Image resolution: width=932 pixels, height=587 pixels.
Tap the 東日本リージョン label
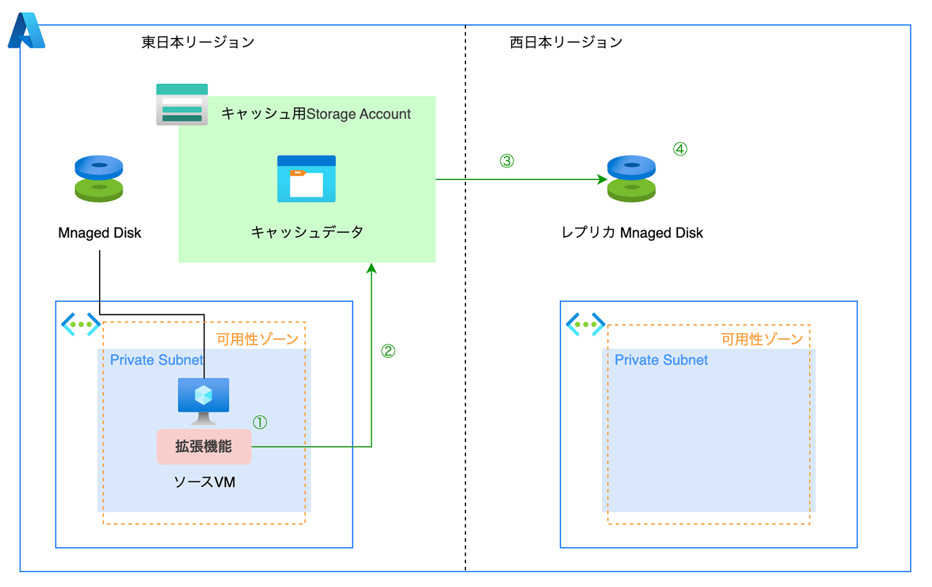[198, 43]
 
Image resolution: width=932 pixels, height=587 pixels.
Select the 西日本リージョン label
[566, 43]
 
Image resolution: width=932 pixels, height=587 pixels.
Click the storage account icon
[182, 104]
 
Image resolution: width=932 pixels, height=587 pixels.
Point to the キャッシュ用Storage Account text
[316, 114]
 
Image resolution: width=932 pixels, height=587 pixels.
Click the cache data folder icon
[306, 179]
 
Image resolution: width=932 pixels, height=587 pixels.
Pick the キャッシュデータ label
[307, 232]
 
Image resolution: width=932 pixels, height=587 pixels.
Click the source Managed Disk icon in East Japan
[99, 178]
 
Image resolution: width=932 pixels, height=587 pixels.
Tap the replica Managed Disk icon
[631, 178]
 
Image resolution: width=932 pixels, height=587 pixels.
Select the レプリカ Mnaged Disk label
[632, 233]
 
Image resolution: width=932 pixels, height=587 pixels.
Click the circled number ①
[260, 422]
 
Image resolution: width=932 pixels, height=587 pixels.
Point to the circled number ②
[388, 351]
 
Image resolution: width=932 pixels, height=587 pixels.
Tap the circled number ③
[507, 161]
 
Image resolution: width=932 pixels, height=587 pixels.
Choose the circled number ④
[680, 149]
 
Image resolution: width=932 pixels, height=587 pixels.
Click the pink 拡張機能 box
[204, 447]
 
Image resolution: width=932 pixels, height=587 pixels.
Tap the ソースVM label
[204, 482]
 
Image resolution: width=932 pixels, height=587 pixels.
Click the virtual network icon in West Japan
[585, 324]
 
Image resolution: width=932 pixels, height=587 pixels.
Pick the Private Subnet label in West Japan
[661, 360]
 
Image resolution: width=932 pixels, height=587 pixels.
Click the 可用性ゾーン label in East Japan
[257, 339]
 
